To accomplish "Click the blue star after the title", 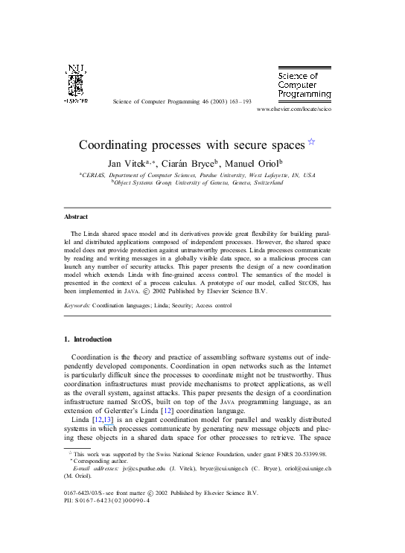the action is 311,141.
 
